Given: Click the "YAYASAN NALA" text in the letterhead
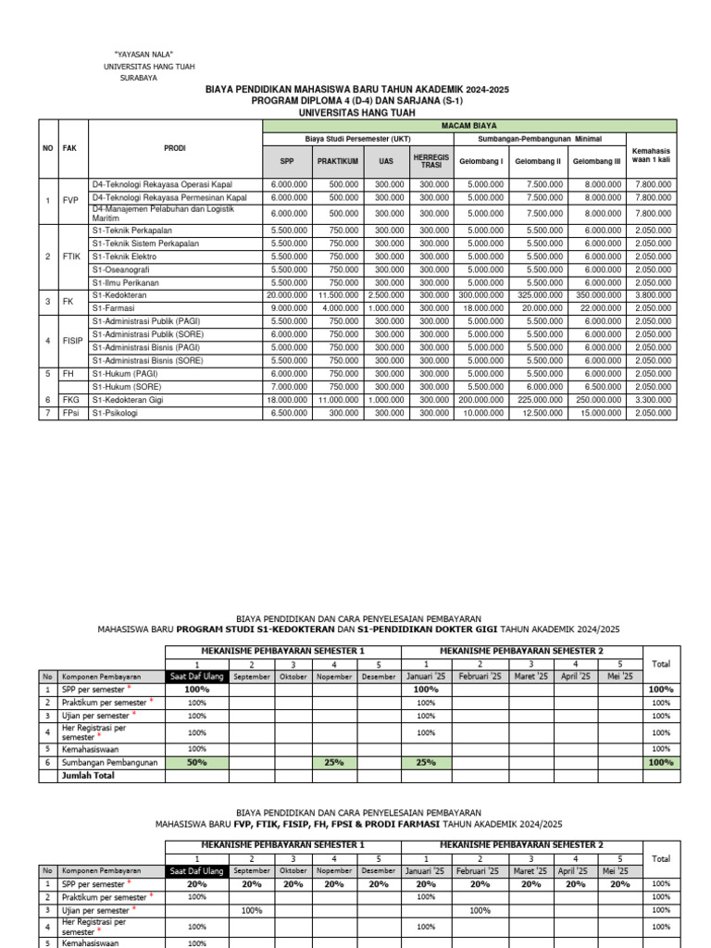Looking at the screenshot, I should [143, 56].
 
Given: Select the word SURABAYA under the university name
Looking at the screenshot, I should [139, 79].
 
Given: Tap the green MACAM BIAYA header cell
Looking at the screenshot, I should [470, 125].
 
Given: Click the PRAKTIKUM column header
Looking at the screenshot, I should [338, 161].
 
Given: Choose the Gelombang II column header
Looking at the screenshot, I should [538, 161].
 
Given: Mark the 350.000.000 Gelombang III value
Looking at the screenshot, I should [596, 294].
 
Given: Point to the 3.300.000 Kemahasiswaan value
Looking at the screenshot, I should [653, 400].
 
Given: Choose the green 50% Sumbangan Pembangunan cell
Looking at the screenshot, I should [196, 762].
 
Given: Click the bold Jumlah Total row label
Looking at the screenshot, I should [88, 776].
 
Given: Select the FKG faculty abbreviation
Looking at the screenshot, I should [70, 400].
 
